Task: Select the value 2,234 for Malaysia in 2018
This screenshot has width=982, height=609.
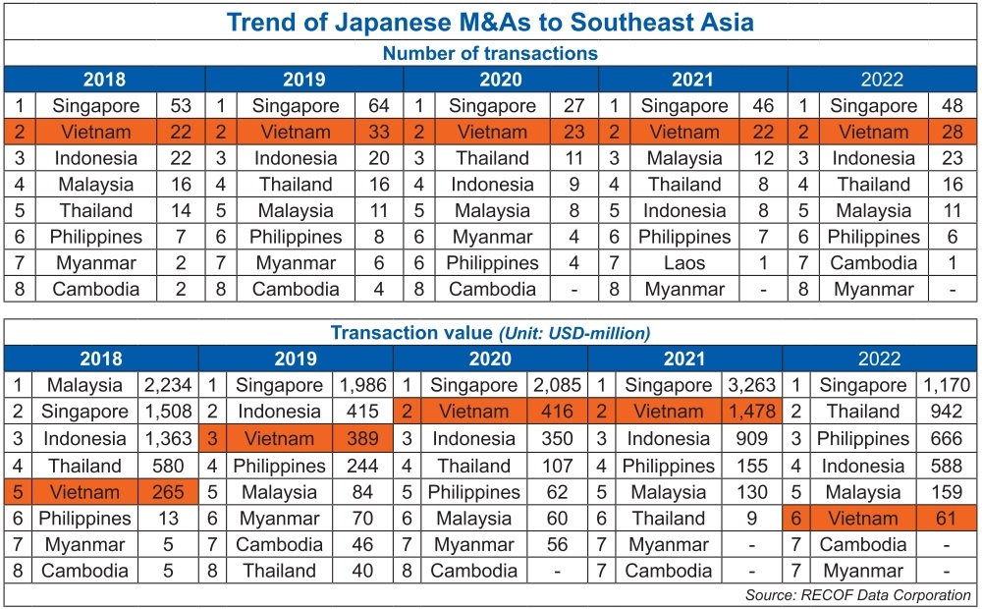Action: pyautogui.click(x=166, y=386)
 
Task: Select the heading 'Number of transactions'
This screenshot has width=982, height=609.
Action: pyautogui.click(x=490, y=53)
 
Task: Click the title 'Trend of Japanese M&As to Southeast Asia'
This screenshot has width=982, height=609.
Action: pyautogui.click(x=490, y=22)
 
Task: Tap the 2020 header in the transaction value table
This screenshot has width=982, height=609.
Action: pyautogui.click(x=490, y=359)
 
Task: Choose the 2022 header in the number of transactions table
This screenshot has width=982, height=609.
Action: pyautogui.click(x=881, y=80)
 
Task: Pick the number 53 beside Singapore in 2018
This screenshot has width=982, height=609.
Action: pyautogui.click(x=181, y=106)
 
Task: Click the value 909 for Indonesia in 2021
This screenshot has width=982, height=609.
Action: pyautogui.click(x=752, y=439)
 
